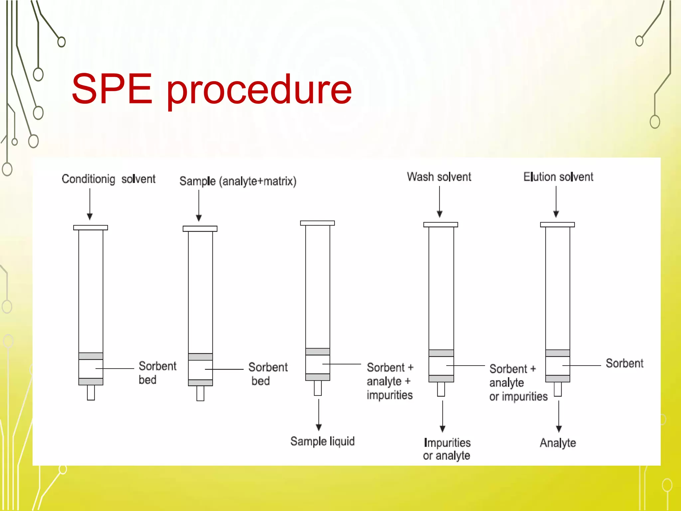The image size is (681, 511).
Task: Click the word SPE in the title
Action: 112,89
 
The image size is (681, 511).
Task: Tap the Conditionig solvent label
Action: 108,179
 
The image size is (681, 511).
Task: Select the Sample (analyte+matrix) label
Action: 238,181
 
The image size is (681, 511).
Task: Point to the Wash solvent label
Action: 439,177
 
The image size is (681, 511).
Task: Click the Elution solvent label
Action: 558,177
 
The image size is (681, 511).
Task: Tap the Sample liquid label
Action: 322,441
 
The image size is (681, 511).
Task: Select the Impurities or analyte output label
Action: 447,449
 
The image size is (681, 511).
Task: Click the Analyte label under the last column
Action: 558,443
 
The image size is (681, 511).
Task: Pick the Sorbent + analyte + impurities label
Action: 390,381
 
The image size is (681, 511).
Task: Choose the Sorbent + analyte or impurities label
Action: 518,383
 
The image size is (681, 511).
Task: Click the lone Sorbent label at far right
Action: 624,363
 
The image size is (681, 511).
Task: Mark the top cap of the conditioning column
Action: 90,228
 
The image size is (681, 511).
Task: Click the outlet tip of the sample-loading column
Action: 200,393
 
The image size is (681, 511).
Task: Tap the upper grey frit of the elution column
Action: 558,353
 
